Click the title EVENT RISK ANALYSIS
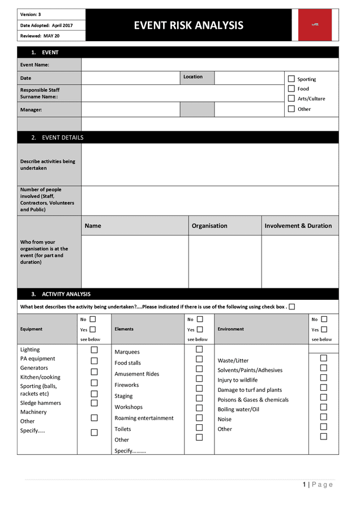188,25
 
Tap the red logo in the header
315,25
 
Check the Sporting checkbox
292,79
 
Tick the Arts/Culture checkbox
292,98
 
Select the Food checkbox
292,89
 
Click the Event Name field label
35,65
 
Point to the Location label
192,77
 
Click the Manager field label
31,109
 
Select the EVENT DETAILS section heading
62,137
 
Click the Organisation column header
209,226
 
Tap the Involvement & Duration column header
298,226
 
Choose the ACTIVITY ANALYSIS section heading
66,294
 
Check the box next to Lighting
95,350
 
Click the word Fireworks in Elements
126,385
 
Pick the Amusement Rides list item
137,374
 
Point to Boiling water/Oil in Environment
238,409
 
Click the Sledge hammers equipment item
40,403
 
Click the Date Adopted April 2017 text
46,25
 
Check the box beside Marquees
199,350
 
